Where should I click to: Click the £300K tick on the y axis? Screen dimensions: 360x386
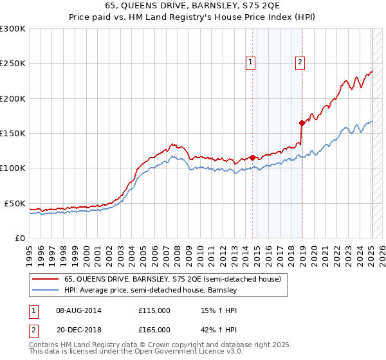[x=13, y=29]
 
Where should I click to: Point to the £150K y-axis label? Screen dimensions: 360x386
[x=13, y=134]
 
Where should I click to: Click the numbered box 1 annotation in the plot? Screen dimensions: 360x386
[x=250, y=62]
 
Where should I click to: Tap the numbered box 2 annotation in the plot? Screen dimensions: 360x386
[x=300, y=62]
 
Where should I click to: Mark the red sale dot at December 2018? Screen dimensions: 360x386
[x=302, y=122]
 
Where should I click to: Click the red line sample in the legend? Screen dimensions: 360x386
[x=46, y=280]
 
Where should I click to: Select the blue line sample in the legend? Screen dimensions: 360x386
[x=46, y=291]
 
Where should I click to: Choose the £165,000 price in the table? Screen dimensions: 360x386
[x=154, y=329]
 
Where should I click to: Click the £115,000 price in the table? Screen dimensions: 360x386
[x=154, y=310]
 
